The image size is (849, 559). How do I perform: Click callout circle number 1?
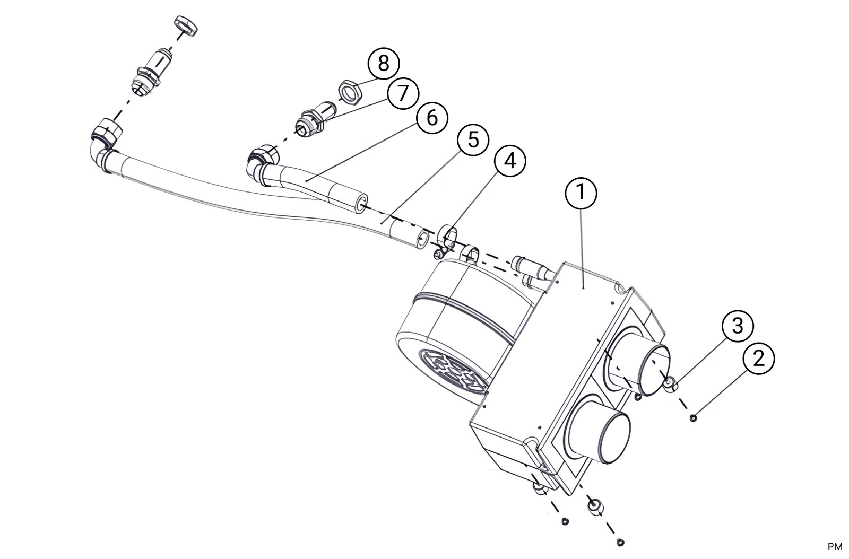click(581, 192)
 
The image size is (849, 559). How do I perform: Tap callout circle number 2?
click(759, 359)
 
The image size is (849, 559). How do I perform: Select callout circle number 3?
click(738, 326)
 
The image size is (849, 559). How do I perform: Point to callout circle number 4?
click(510, 160)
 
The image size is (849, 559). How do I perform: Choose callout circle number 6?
click(432, 117)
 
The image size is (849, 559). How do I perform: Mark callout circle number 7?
click(403, 93)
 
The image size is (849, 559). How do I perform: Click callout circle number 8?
click(383, 64)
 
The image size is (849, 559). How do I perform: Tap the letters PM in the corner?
click(835, 546)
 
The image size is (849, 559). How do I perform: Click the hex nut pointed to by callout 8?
click(350, 91)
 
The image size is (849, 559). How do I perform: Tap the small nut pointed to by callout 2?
click(694, 418)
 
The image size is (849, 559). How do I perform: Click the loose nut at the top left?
click(186, 26)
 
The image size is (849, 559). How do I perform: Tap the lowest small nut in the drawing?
click(620, 542)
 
